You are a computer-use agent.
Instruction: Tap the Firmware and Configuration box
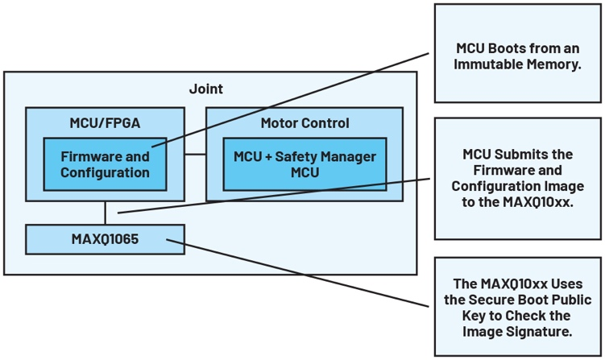click(x=106, y=164)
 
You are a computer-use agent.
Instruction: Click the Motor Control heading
click(x=305, y=123)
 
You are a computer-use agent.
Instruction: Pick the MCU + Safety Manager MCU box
click(x=305, y=164)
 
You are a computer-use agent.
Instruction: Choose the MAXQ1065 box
click(x=106, y=239)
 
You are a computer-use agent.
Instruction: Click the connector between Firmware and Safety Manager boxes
click(x=195, y=153)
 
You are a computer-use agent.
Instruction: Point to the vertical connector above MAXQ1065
click(x=106, y=213)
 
